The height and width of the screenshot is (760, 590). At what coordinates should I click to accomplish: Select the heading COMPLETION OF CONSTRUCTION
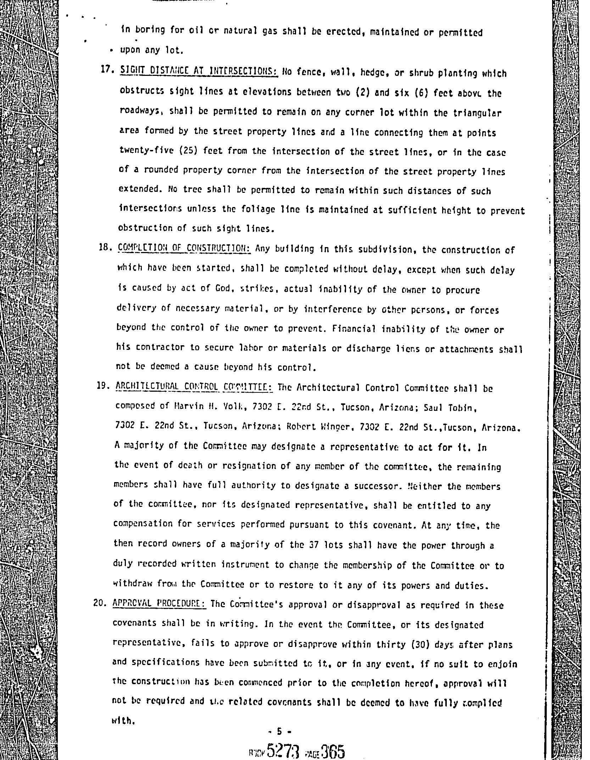click(x=184, y=248)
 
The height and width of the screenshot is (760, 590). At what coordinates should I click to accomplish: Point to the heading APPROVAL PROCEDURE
click(x=160, y=603)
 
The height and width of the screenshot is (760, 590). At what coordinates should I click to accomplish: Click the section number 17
click(x=106, y=69)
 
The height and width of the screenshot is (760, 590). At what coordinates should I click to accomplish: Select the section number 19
click(x=102, y=386)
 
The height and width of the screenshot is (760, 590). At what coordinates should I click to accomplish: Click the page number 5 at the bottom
click(x=279, y=731)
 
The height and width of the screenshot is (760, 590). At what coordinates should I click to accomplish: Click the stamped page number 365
click(x=333, y=751)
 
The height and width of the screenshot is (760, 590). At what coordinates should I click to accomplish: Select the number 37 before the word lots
click(x=314, y=544)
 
